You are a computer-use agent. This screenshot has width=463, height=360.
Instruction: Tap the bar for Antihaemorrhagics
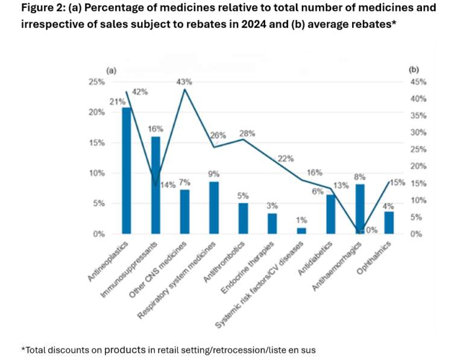[x=360, y=209]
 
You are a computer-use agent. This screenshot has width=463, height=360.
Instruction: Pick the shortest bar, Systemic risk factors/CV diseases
[x=301, y=230]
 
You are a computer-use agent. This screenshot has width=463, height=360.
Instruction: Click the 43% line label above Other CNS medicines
[x=184, y=82]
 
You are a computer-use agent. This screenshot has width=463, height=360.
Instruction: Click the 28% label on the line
[x=248, y=133]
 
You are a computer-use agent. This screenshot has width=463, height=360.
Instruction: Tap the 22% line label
[x=285, y=159]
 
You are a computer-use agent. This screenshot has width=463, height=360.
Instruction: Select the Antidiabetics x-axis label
[x=317, y=259]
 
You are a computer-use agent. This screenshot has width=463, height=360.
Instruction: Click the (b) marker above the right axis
[x=414, y=69]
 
